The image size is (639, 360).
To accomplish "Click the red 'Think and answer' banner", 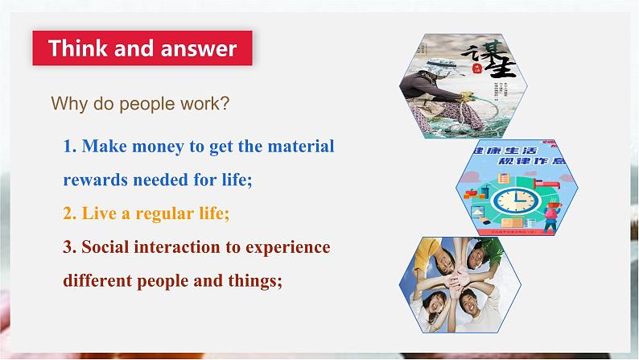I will (x=142, y=48).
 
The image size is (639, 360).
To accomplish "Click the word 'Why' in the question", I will (x=67, y=104).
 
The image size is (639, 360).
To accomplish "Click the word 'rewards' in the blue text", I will (x=93, y=180).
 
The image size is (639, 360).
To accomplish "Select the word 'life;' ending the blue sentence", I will (x=236, y=180).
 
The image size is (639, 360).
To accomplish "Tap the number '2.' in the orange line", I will (x=69, y=214).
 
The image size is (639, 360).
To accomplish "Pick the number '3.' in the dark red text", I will (x=69, y=247).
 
